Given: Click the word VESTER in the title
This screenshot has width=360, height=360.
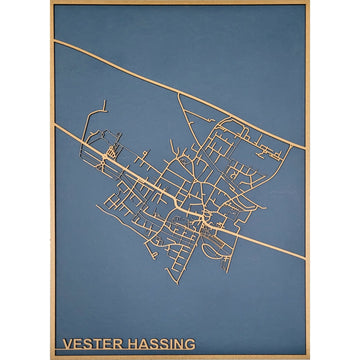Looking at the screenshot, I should [88, 343].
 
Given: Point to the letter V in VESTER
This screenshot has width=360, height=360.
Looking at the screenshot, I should [67, 343].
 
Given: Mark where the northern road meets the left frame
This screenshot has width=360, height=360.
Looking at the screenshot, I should [55, 41].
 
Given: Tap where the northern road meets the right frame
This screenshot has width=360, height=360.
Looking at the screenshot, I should [305, 148].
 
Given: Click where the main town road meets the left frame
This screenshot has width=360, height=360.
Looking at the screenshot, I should [55, 127].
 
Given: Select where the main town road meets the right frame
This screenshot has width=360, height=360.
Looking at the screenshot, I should [305, 258].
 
